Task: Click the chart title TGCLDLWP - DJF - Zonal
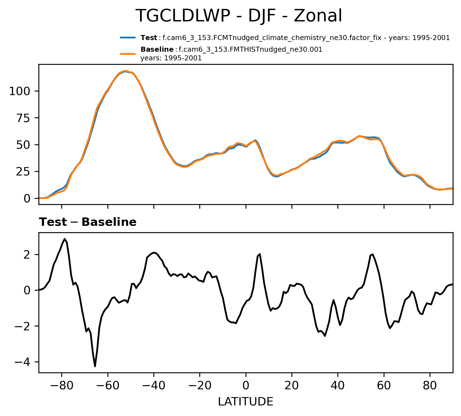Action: (239, 16)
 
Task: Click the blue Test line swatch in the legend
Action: (128, 38)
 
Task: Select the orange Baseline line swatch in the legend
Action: (128, 54)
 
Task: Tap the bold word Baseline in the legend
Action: (157, 50)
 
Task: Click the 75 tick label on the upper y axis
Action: (23, 118)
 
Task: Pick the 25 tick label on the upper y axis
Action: (23, 172)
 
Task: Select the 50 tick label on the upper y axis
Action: (23, 145)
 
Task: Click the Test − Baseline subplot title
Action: (88, 222)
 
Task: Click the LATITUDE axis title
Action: (246, 402)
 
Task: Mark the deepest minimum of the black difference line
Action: (95, 366)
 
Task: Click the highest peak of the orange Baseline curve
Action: (126, 71)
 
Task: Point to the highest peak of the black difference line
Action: (65, 239)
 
